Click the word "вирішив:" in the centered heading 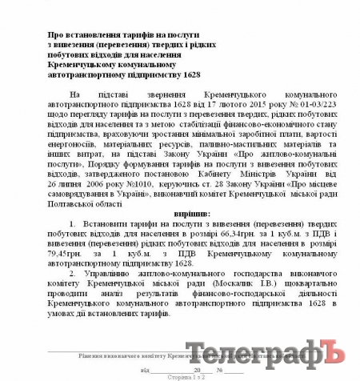click(189, 215)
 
